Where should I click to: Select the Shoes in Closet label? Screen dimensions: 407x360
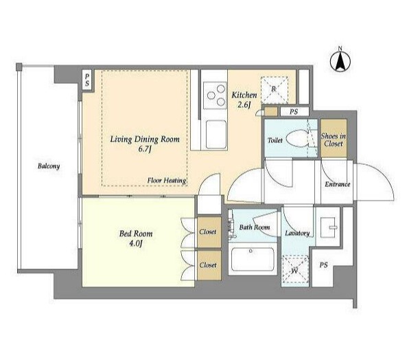pos(334,139)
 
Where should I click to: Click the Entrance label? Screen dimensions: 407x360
pos(338,184)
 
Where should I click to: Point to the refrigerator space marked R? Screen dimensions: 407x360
pos(274,90)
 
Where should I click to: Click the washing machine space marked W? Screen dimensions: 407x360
pos(295,269)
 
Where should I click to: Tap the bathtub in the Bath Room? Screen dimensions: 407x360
pos(253,260)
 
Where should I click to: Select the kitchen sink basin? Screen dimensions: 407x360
pos(216,135)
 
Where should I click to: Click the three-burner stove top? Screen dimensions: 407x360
pos(215,95)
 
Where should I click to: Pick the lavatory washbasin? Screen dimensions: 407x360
pos(329,227)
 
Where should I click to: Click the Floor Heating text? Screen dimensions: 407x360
pos(167,181)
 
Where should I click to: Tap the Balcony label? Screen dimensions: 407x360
pos(49,166)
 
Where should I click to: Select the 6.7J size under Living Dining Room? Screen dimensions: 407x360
pos(145,150)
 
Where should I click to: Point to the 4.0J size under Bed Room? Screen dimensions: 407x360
pos(136,244)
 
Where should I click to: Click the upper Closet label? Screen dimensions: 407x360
pos(208,232)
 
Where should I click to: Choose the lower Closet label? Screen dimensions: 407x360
pos(208,265)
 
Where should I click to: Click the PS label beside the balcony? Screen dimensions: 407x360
pos(87,80)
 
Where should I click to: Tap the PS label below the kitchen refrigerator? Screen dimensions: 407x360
pos(294,112)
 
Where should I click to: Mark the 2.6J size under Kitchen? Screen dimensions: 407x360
pos(244,105)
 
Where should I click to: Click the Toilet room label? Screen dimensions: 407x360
pos(275,140)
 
